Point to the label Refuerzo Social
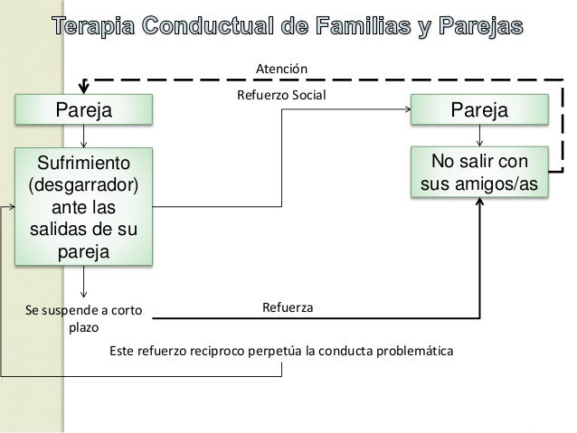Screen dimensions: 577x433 [x=280, y=94]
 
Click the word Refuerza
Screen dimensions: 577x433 [x=288, y=309]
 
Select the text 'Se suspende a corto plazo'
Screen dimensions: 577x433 [x=80, y=317]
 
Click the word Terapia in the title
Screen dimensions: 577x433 [x=95, y=28]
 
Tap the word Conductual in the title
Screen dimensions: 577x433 [x=216, y=28]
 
